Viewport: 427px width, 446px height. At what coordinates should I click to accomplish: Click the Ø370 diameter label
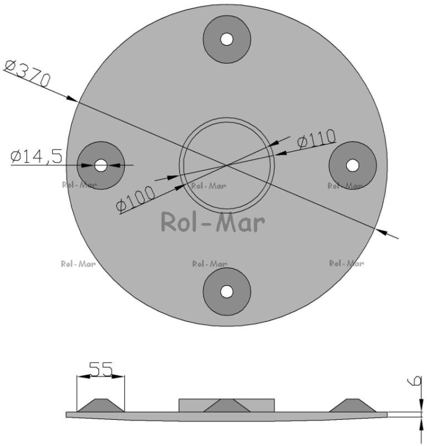[27, 73]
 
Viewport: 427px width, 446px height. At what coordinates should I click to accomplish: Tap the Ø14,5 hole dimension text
[36, 156]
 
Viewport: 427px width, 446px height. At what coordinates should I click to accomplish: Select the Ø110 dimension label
[317, 139]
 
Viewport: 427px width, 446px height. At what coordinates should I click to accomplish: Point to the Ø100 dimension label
[135, 199]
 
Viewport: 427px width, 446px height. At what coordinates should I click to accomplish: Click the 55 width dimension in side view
[101, 369]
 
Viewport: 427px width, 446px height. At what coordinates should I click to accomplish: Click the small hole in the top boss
[227, 39]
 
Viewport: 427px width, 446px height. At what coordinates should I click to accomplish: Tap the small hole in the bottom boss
[226, 291]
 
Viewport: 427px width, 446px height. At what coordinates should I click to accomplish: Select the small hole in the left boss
[101, 165]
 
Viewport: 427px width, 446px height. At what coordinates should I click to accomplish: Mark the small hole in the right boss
[353, 165]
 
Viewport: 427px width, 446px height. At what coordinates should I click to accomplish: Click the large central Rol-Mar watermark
[213, 222]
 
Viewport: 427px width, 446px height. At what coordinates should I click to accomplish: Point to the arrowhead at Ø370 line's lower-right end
[381, 231]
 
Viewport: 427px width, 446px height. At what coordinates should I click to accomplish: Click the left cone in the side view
[101, 406]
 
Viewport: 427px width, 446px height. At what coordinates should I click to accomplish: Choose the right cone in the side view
[353, 406]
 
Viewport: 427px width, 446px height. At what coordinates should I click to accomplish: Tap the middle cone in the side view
[227, 406]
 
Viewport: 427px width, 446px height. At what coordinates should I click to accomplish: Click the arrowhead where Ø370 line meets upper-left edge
[72, 98]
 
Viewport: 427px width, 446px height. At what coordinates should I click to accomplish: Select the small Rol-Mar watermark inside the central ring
[209, 186]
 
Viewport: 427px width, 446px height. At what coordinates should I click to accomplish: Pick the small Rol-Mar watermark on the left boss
[79, 185]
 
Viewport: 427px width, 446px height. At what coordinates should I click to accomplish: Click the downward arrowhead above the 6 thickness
[420, 406]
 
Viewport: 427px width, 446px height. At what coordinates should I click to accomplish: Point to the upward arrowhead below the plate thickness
[420, 423]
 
